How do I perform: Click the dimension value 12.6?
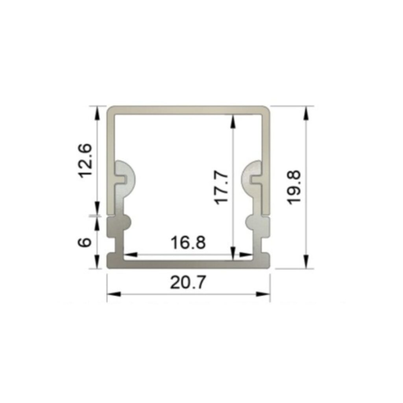click(85, 161)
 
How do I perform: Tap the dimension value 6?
click(85, 242)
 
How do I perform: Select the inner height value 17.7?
click(221, 189)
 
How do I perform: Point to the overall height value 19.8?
click(293, 187)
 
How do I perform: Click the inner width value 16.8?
click(189, 242)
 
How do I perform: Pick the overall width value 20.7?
click(188, 282)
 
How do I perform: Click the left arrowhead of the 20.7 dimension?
click(114, 294)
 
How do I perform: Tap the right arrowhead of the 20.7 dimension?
click(263, 294)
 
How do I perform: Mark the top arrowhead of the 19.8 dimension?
click(305, 113)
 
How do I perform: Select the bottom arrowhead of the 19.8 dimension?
click(305, 262)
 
